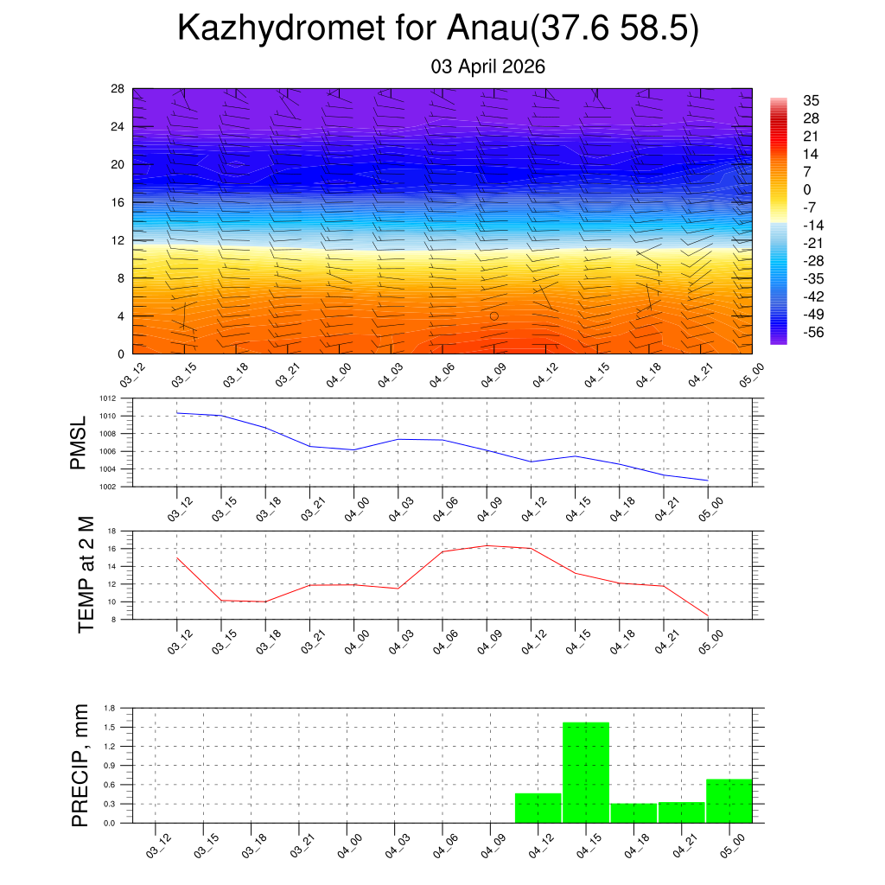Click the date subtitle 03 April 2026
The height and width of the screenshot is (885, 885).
click(487, 67)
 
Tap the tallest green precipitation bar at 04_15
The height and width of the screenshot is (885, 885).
click(586, 772)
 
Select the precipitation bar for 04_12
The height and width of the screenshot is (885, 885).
click(538, 808)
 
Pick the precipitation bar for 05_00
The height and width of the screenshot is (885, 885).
click(729, 801)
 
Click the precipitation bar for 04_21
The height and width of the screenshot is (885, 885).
click(681, 812)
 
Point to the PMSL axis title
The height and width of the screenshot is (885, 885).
click(79, 442)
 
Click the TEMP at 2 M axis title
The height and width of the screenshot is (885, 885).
click(86, 574)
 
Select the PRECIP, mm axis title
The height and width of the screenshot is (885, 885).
click(80, 765)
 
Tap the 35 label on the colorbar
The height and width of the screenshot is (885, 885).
click(811, 100)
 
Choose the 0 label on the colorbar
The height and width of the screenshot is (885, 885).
click(807, 190)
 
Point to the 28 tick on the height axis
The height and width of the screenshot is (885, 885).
click(117, 89)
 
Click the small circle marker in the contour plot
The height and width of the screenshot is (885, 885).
click(494, 316)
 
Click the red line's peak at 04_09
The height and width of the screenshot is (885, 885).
click(487, 545)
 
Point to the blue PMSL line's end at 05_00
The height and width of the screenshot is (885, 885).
click(708, 481)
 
